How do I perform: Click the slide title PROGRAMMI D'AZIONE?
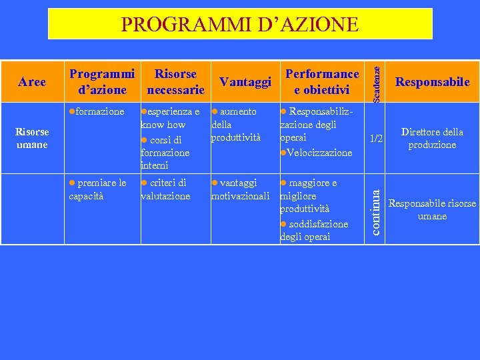tap(240, 25)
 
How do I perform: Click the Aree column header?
tap(32, 82)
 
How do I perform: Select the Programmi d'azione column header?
tap(102, 81)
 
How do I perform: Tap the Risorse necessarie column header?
tap(175, 81)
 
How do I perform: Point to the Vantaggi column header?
tap(245, 82)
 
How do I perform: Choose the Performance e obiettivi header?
tap(322, 81)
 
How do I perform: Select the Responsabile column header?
tap(432, 82)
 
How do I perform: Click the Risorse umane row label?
tap(32, 138)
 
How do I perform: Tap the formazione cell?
tap(99, 111)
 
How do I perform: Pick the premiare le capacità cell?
tap(98, 189)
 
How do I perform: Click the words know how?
tap(163, 125)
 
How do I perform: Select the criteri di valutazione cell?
tap(165, 189)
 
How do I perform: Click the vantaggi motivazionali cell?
tap(240, 189)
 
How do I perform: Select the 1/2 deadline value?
tap(376, 139)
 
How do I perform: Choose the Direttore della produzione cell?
tap(432, 138)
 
